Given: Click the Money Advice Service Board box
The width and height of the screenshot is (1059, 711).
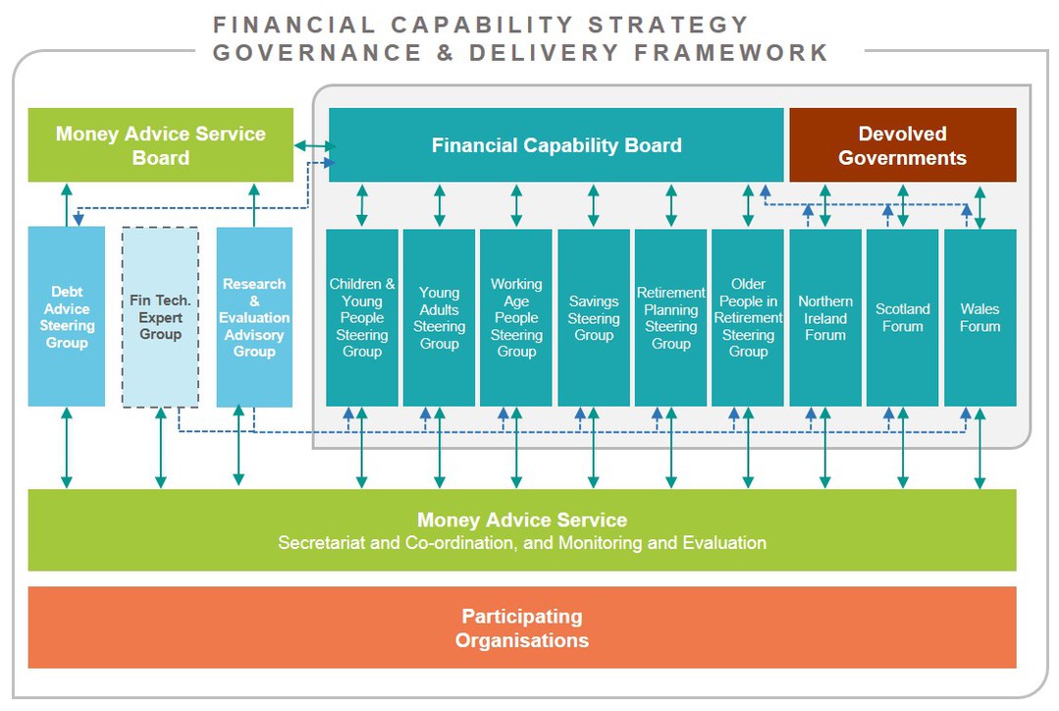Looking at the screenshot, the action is click(161, 145).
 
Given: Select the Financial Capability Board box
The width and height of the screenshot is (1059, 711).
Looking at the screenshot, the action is click(556, 145).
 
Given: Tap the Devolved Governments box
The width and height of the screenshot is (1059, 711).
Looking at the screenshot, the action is click(902, 145).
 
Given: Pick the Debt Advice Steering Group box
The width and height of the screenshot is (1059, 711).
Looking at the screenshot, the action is click(66, 316).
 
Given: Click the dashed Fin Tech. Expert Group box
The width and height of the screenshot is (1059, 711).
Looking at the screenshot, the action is click(160, 316).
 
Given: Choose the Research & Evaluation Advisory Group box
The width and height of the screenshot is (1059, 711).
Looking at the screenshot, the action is click(254, 316).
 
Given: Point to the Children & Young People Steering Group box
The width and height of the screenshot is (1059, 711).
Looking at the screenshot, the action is click(362, 317).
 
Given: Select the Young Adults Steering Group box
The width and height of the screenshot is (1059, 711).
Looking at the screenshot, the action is click(439, 317).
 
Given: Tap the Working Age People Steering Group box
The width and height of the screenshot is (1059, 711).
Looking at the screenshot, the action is click(516, 317).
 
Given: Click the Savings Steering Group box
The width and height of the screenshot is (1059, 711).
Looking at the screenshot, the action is click(594, 317).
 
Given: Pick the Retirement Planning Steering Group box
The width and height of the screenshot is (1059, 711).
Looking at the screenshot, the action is click(670, 317).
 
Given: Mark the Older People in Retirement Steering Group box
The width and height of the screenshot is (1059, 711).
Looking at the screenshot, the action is click(748, 317).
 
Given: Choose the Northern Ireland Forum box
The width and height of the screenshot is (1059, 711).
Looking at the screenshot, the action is click(825, 317).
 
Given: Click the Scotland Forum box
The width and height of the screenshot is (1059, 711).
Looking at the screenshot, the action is click(902, 317).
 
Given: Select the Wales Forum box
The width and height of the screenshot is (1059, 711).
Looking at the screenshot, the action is click(980, 317).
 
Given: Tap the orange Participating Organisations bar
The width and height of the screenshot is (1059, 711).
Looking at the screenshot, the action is click(522, 628).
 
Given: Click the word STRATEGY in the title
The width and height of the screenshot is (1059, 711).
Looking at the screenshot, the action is click(668, 25).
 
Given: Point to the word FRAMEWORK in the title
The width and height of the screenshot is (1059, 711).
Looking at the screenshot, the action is click(731, 53).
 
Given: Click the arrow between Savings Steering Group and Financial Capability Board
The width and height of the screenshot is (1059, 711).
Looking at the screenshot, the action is click(594, 205).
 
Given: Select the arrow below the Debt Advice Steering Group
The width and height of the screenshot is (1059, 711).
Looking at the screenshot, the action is click(66, 448).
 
